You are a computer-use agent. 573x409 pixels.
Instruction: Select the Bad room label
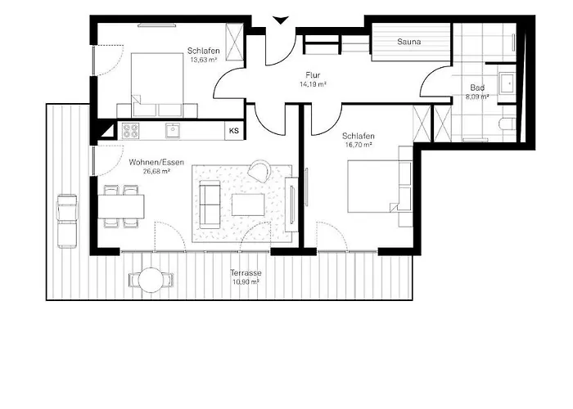pyautogui.click(x=477, y=88)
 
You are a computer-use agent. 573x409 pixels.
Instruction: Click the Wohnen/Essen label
pyautogui.click(x=149, y=161)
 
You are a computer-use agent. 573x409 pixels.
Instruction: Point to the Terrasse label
pyautogui.click(x=245, y=272)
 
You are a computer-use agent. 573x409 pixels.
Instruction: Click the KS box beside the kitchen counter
pyautogui.click(x=234, y=130)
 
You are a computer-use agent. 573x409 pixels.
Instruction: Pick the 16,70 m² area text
pyautogui.click(x=359, y=144)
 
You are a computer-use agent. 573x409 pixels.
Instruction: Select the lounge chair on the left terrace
pyautogui.click(x=66, y=222)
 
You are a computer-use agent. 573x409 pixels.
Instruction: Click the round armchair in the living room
pyautogui.click(x=260, y=170)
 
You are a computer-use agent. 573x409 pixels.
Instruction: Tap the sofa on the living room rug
pyautogui.click(x=210, y=205)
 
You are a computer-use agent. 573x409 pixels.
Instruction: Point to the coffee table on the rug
pyautogui.click(x=249, y=204)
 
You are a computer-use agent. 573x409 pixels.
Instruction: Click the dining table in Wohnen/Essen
pyautogui.click(x=121, y=204)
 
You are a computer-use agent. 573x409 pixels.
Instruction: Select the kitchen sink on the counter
pyautogui.click(x=172, y=129)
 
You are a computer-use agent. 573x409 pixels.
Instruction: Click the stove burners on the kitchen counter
pyautogui.click(x=132, y=129)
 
